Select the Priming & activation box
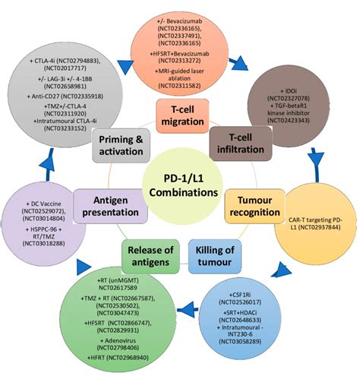pyautogui.click(x=122, y=144)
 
